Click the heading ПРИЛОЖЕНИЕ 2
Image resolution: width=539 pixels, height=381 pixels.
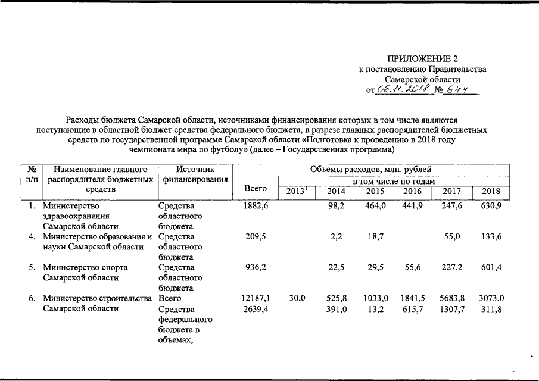(x=423, y=59)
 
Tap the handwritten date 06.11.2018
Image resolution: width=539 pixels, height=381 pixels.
(x=404, y=89)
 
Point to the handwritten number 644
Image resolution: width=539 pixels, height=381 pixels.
(x=459, y=89)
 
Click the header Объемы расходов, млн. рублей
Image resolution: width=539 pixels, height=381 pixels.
(x=370, y=171)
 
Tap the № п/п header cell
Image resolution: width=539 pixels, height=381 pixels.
(x=30, y=175)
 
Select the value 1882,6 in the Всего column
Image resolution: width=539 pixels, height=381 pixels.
(x=255, y=206)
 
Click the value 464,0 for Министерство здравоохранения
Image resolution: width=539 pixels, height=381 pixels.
(x=376, y=206)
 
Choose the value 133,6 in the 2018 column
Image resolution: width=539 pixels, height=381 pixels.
(x=491, y=237)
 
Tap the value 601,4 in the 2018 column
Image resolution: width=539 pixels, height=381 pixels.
(x=491, y=268)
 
